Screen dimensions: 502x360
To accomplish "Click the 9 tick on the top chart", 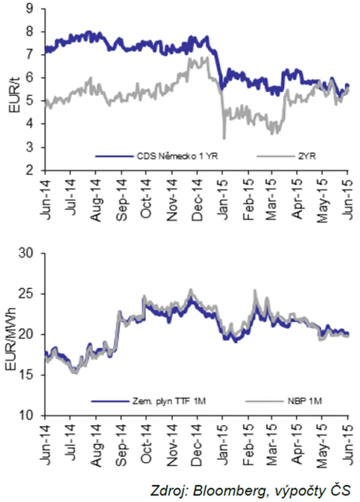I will click(x=29, y=7).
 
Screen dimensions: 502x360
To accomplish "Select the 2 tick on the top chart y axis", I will click(x=29, y=170).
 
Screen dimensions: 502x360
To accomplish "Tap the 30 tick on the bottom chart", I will click(x=26, y=253).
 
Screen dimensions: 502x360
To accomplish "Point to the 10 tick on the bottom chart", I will click(x=26, y=416).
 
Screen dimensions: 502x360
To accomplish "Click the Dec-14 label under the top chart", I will click(x=197, y=196).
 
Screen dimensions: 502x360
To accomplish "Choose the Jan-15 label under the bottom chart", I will click(x=223, y=442).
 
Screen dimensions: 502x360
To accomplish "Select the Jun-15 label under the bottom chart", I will click(x=346, y=442).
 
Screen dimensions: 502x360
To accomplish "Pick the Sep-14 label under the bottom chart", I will click(x=121, y=442).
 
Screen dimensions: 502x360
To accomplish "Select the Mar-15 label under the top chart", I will click(x=273, y=196).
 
